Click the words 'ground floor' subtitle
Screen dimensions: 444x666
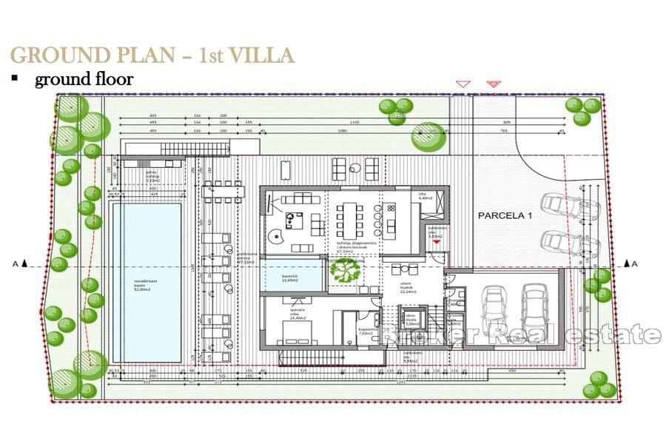[84, 79]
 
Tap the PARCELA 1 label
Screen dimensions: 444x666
[505, 216]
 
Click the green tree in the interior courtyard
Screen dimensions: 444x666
[345, 272]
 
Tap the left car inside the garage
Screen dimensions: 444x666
[494, 308]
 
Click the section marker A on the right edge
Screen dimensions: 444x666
[635, 263]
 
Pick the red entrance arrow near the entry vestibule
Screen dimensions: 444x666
[437, 242]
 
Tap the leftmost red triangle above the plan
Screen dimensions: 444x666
[462, 84]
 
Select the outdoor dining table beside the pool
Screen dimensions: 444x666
[220, 191]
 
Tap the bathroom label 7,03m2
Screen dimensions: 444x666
[368, 332]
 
